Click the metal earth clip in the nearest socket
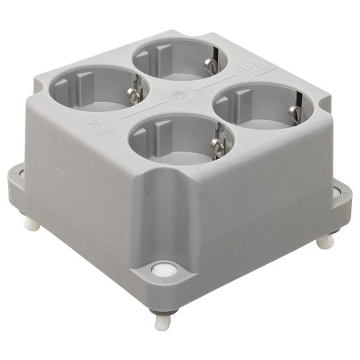(x=217, y=146)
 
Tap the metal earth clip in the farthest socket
(x=209, y=66)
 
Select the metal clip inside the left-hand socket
(x=133, y=96)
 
